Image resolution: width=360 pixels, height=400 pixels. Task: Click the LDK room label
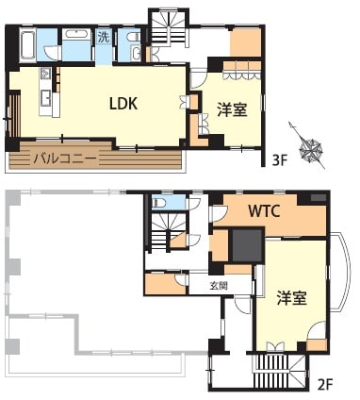click(123, 103)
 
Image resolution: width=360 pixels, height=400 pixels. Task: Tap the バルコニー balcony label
click(65, 158)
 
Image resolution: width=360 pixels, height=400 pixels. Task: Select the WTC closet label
click(264, 211)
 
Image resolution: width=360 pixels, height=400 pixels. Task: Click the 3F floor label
click(280, 161)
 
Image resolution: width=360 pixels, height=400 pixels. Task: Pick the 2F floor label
click(324, 384)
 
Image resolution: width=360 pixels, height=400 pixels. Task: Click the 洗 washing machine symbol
click(104, 38)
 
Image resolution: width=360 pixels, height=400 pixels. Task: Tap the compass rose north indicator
click(310, 147)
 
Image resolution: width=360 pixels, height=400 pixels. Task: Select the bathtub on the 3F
click(27, 45)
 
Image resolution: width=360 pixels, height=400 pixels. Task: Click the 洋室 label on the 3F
click(233, 110)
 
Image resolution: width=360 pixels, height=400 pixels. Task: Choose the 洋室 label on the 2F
click(292, 297)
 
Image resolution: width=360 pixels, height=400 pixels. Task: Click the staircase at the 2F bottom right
click(279, 369)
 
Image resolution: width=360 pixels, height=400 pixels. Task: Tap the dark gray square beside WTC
click(247, 245)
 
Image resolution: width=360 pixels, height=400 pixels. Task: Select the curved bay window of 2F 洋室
click(344, 272)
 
